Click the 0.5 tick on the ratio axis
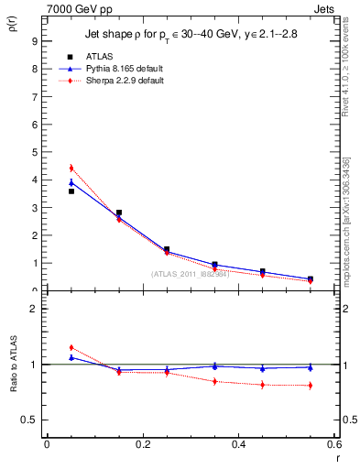(x=31, y=420)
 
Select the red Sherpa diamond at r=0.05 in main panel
(x=71, y=169)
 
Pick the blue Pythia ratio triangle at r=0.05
(x=71, y=357)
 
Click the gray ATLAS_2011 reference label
(x=189, y=273)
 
